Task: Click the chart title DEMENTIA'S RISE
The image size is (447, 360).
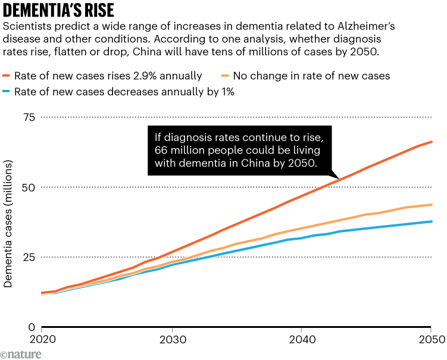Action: coord(57,10)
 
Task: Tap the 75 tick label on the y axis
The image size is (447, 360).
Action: coord(28,117)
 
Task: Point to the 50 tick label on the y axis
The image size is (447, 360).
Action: coord(28,187)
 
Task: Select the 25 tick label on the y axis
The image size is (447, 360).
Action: coord(28,257)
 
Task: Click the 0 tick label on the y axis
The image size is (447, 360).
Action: coord(31,327)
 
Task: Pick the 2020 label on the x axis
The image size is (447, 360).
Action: coord(41,340)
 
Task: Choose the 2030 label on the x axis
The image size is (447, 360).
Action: coord(171,340)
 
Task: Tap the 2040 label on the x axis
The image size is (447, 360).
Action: coord(301,340)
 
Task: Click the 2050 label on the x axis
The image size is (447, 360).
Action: coord(430,340)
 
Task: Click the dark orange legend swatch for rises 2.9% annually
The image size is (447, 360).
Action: coord(8,76)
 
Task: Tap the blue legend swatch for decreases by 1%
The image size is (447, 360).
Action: coord(8,92)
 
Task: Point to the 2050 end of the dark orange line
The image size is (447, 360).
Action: coord(431,142)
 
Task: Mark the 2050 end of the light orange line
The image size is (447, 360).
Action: coord(431,205)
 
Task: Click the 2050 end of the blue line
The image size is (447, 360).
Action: coord(431,221)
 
